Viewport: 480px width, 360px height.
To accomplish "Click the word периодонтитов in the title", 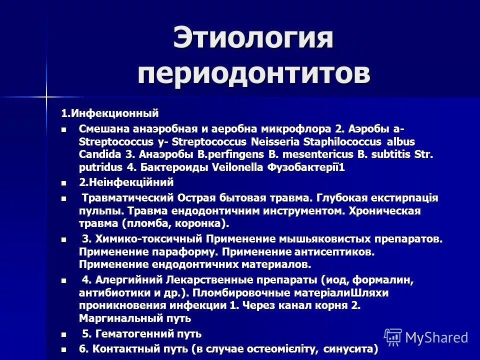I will coord(254,73).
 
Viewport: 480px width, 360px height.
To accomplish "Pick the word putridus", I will coord(98,167).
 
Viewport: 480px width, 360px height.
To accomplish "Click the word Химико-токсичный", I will coord(149,238).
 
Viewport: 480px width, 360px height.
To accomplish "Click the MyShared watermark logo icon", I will coord(392,336).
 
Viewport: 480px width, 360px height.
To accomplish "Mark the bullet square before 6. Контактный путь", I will coord(63,348).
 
